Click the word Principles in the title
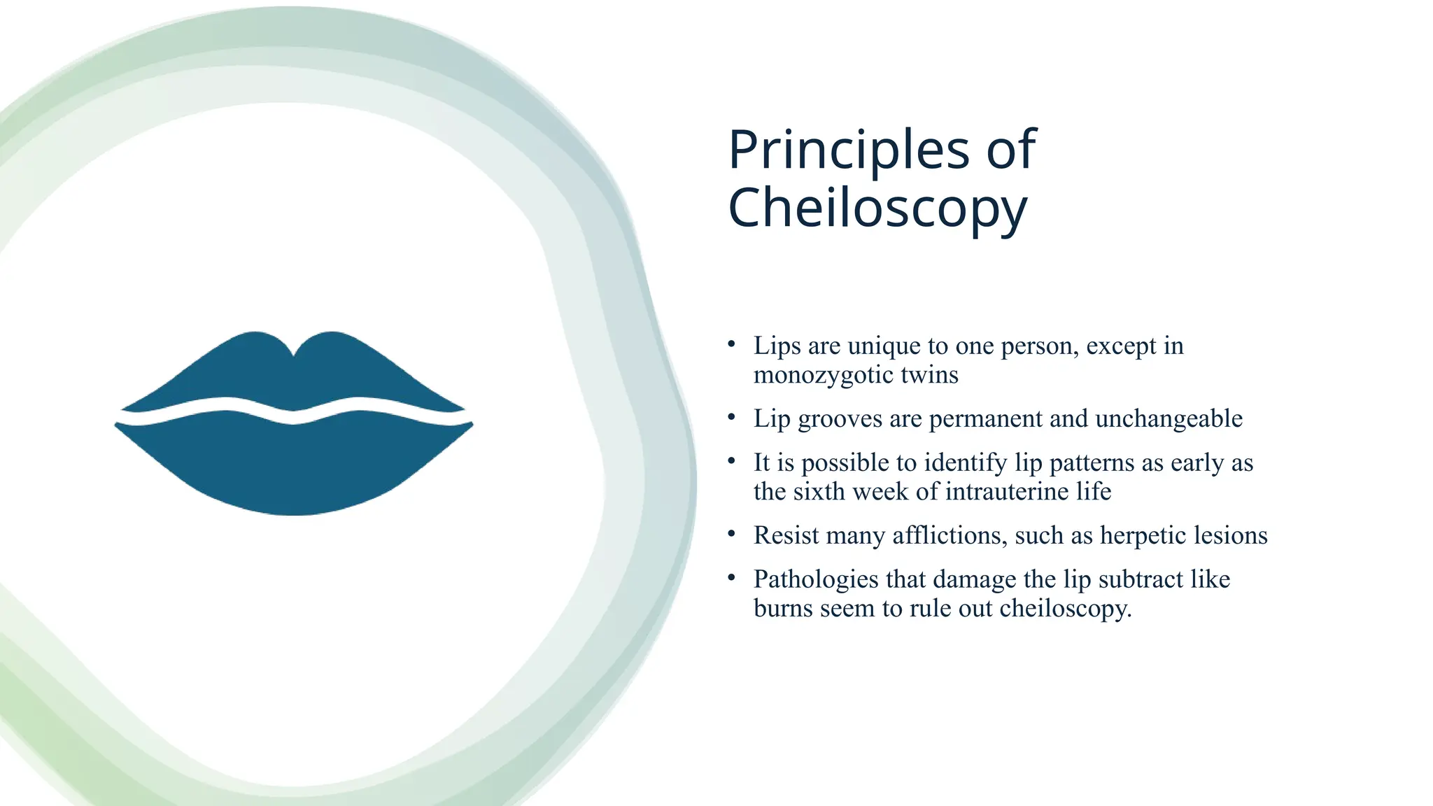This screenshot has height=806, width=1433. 849,150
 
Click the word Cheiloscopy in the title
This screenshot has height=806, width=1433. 878,208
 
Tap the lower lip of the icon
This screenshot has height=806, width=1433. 294,465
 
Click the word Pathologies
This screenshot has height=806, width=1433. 816,580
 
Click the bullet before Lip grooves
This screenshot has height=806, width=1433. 731,417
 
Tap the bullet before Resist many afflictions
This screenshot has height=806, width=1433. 731,534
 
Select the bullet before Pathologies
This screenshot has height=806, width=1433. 731,578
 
